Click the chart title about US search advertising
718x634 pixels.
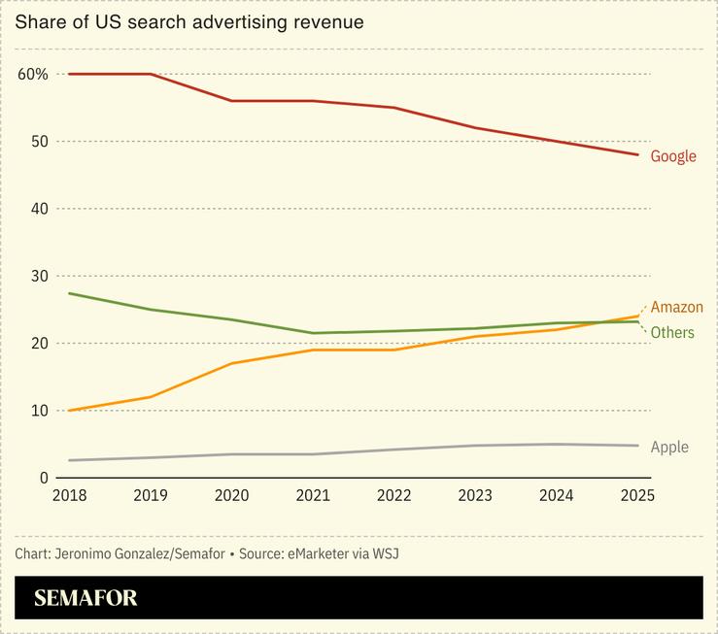tap(189, 21)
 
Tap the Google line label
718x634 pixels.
tap(673, 156)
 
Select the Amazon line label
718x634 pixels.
tap(676, 308)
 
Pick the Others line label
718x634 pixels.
tap(672, 333)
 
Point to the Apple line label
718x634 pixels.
tap(669, 448)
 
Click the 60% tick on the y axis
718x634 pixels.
tap(32, 74)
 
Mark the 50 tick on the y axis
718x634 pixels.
tap(39, 142)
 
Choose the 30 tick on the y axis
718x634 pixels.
tap(39, 276)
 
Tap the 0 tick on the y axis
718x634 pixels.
tap(44, 478)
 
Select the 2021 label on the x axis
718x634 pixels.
tap(313, 496)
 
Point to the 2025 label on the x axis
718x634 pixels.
tap(637, 496)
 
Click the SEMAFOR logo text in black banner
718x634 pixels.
tap(86, 598)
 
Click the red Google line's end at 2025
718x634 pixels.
tap(637, 154)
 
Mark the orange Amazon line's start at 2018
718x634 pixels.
tap(69, 411)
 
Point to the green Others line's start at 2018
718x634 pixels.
tap(69, 293)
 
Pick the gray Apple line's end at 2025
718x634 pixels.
tap(637, 446)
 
